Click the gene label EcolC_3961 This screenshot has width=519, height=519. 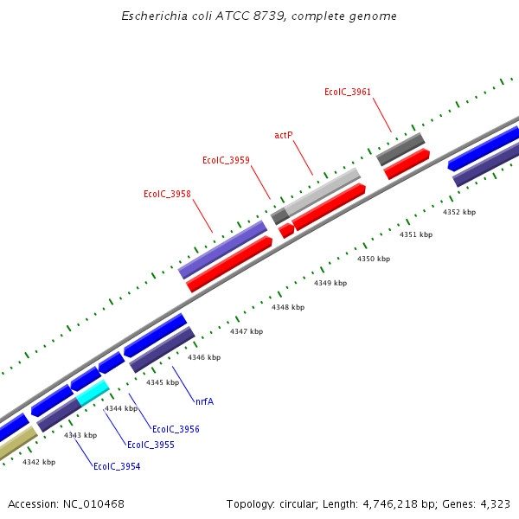click(x=348, y=92)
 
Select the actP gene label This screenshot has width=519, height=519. click(x=284, y=135)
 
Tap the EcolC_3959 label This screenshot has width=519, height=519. click(x=226, y=160)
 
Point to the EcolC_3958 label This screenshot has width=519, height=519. click(x=167, y=194)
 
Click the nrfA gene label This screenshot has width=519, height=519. click(x=204, y=401)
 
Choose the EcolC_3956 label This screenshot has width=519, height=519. click(x=176, y=429)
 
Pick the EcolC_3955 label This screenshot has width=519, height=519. click(x=151, y=445)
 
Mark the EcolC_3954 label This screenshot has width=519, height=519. click(x=117, y=466)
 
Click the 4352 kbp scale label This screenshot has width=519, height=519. click(x=459, y=212)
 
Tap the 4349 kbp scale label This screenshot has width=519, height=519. click(x=330, y=283)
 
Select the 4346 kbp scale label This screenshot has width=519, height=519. click(x=204, y=357)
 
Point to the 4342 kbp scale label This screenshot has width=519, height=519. click(x=39, y=462)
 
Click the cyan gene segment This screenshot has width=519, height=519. click(x=93, y=393)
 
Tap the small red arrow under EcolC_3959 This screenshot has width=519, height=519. click(x=286, y=231)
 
